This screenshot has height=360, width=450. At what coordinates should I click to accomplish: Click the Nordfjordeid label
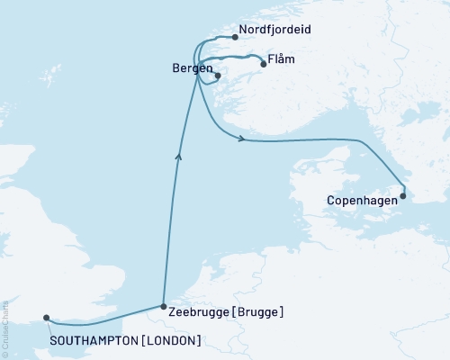(x=275, y=30)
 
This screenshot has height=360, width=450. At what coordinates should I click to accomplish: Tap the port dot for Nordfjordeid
(x=235, y=38)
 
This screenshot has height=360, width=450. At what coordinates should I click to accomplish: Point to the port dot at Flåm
(x=263, y=64)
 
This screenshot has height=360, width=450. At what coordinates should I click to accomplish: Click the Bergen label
(x=189, y=68)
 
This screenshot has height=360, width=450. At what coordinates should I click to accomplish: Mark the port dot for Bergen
(x=218, y=76)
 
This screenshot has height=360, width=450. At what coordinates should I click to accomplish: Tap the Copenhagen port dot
(x=403, y=195)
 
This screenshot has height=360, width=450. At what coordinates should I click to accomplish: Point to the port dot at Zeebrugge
(x=162, y=306)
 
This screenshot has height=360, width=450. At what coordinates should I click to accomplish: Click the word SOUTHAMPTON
(x=94, y=340)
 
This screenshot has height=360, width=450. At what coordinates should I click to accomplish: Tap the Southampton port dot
(x=47, y=318)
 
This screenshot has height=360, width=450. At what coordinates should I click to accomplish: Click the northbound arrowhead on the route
(x=179, y=157)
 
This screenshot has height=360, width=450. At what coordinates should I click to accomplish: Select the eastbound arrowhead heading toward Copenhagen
(x=242, y=139)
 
